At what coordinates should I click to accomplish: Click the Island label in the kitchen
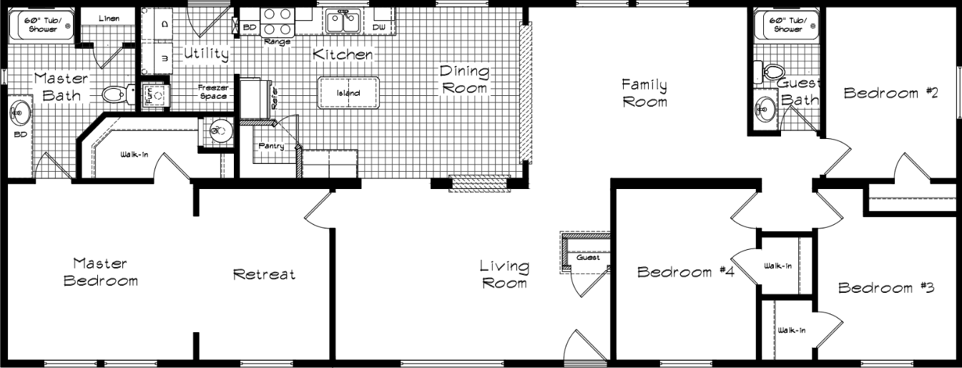tap(348, 93)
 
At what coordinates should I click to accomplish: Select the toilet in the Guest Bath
tap(770, 72)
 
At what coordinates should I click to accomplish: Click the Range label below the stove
tap(277, 42)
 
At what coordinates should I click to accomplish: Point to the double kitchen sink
tap(343, 21)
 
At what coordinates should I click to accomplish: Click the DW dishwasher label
tap(378, 27)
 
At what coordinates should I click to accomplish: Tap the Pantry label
tap(272, 146)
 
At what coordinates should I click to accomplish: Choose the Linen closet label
tap(109, 18)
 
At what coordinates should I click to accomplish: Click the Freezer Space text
tap(213, 92)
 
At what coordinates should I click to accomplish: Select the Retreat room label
tap(264, 274)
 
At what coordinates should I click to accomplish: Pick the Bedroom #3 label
tap(886, 288)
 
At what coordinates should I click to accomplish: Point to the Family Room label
tap(644, 93)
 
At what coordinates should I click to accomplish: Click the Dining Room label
tap(464, 79)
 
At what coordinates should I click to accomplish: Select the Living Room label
tap(504, 274)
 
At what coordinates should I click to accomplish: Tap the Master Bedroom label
tap(100, 272)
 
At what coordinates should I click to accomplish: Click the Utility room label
tap(206, 54)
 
